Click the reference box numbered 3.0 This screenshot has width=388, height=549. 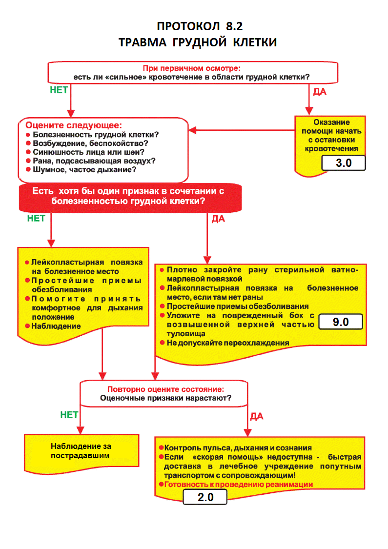[x=344, y=163]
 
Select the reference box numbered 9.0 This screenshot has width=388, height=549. [x=340, y=322]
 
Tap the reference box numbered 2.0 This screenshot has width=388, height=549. [x=205, y=498]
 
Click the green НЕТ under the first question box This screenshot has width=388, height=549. [x=59, y=90]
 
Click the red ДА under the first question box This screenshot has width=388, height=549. [x=320, y=92]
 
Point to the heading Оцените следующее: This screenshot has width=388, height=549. [x=73, y=125]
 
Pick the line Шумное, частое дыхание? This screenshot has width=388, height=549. [x=84, y=170]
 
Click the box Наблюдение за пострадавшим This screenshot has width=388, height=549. [x=81, y=450]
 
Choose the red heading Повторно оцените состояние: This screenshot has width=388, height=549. [x=166, y=389]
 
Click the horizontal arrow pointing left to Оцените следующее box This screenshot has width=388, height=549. [x=242, y=130]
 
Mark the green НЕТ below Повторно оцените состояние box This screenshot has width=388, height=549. [x=69, y=415]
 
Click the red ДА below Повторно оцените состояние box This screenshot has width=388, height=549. [x=256, y=416]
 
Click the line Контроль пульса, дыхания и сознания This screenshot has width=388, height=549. [x=238, y=447]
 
